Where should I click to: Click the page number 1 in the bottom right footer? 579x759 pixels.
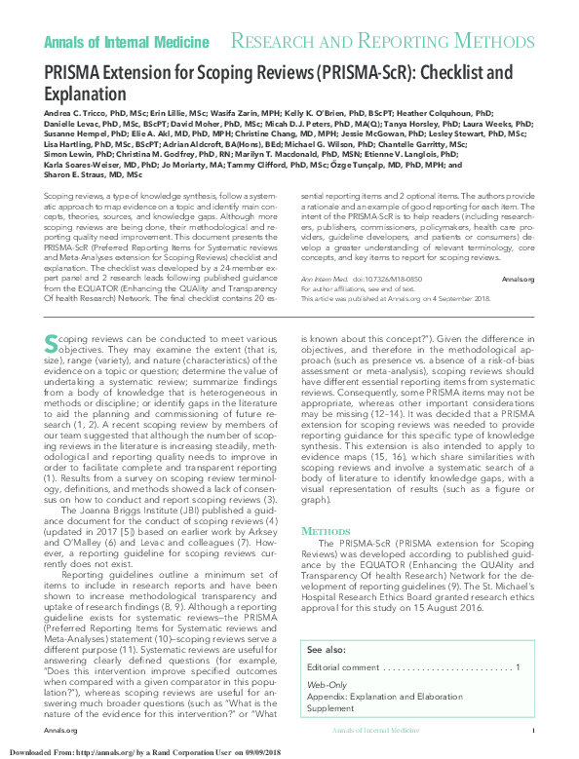tap(533, 730)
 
